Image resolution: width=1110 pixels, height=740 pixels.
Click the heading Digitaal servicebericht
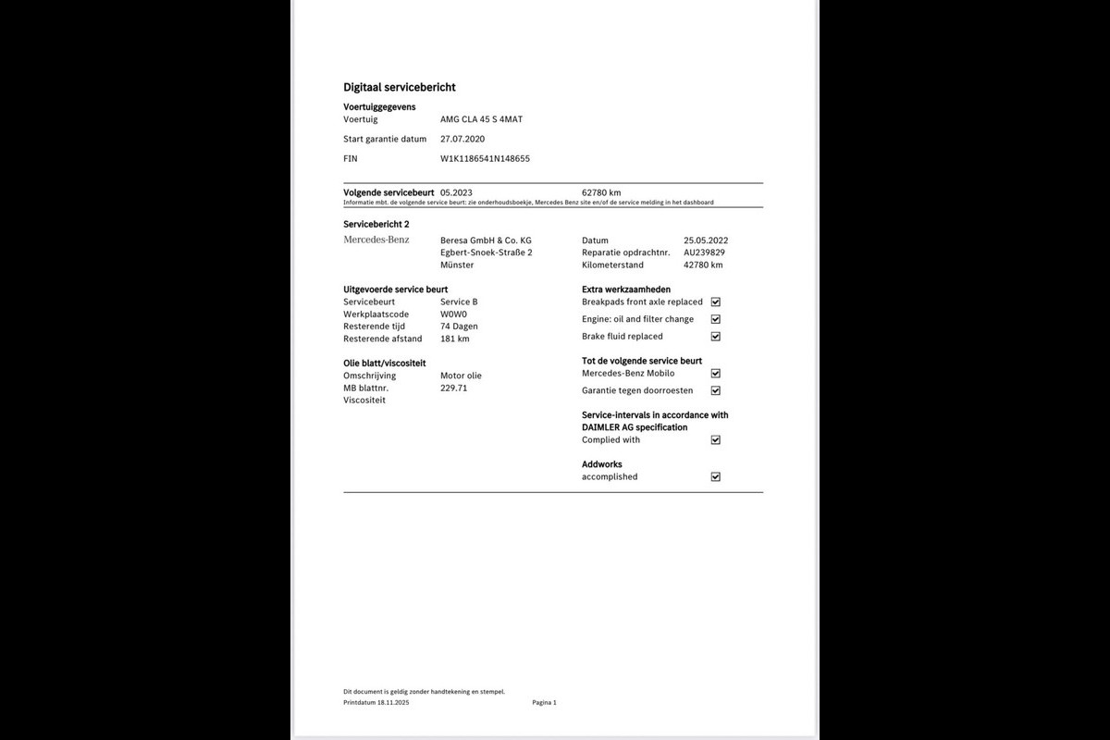point(399,87)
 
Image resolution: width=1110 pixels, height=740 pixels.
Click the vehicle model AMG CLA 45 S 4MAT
point(481,119)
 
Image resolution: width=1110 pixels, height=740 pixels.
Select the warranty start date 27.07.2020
point(462,139)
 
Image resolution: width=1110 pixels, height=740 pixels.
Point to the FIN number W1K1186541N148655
point(485,158)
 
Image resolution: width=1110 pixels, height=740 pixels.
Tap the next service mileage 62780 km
point(601,192)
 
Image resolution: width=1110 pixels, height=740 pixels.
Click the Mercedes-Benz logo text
point(376,240)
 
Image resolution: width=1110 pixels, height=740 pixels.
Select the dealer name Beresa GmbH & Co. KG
point(486,240)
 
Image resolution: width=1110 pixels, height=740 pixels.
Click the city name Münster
point(457,265)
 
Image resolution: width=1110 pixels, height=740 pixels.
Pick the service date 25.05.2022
point(706,240)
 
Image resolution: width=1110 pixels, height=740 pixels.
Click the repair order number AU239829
point(704,253)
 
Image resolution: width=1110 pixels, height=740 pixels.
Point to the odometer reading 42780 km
point(703,265)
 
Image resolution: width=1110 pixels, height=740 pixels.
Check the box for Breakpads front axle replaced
point(715,302)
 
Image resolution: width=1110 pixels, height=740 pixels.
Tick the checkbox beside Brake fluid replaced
point(715,337)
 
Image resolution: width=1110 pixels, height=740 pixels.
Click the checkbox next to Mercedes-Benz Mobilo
point(715,374)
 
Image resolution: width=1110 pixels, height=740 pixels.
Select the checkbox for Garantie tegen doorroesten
point(715,390)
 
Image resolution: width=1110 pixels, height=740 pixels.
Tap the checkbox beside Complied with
point(715,440)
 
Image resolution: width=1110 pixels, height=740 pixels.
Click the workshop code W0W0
point(453,314)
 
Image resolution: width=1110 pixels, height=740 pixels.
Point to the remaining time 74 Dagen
point(459,327)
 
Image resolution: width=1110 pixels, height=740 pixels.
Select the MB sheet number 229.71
point(453,388)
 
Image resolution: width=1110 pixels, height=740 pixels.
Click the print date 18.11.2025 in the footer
point(392,703)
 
